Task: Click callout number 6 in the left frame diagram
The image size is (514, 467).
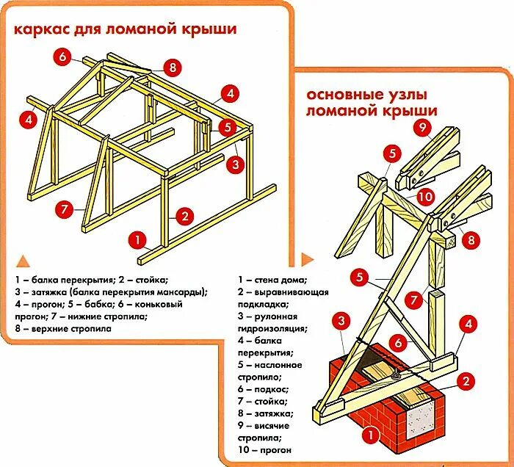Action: [x=63, y=57]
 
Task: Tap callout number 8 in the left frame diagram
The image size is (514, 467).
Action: [x=172, y=68]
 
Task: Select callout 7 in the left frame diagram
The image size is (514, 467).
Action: [x=64, y=209]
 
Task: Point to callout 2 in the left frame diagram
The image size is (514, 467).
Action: [x=184, y=216]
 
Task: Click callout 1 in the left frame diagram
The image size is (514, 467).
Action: [x=135, y=239]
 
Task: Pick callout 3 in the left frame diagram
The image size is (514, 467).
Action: [x=235, y=164]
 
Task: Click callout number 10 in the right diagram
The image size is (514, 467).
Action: [x=426, y=196]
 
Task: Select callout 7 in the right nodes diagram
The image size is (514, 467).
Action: [x=414, y=300]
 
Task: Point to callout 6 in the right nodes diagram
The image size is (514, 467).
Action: [x=397, y=341]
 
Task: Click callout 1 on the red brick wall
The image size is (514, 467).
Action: [x=372, y=438]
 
